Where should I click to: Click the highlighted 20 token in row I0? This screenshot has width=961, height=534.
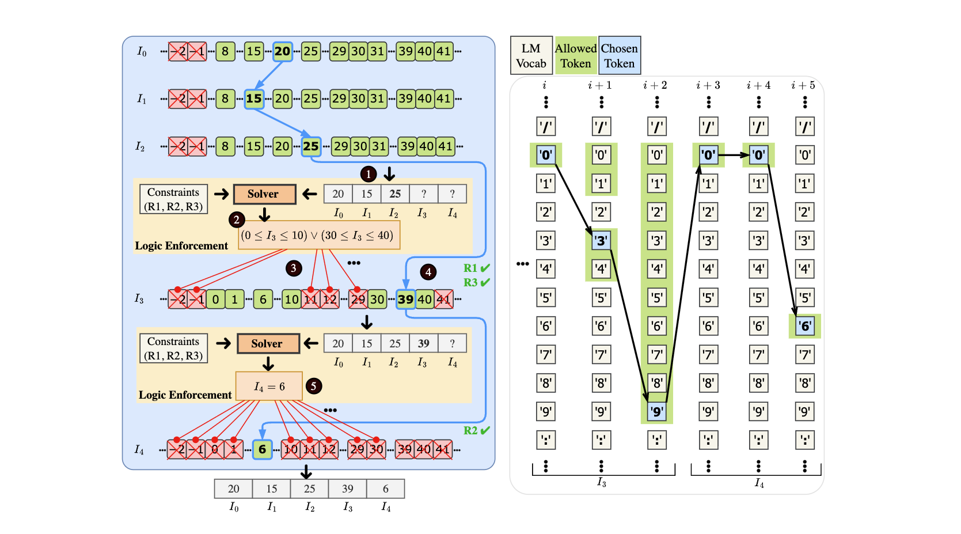(x=282, y=51)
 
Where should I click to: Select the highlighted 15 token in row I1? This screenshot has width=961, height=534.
(x=254, y=99)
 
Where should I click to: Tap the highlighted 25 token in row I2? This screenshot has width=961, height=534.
(x=311, y=146)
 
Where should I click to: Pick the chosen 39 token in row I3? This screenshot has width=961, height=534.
(x=406, y=299)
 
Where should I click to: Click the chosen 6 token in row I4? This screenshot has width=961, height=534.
(x=262, y=449)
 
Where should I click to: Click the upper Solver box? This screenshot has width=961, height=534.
(x=264, y=194)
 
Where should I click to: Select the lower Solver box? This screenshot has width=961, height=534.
(x=268, y=343)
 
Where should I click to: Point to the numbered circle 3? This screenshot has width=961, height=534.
(x=294, y=268)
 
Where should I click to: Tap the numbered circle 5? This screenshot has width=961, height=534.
(x=313, y=386)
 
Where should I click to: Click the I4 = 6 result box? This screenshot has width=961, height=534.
(x=269, y=386)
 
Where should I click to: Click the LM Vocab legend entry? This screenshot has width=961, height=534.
(x=531, y=56)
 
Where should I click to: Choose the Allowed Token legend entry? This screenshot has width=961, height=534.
(x=576, y=56)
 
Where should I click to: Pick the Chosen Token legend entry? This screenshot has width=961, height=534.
(x=620, y=56)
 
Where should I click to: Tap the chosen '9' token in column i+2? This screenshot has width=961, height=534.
(x=656, y=412)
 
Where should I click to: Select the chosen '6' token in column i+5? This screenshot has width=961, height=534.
(x=805, y=327)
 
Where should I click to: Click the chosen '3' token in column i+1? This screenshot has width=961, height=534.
(x=601, y=241)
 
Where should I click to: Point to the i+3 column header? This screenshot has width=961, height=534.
(x=708, y=85)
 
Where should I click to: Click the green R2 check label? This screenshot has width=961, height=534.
(x=477, y=430)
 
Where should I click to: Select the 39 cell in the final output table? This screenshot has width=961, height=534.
(x=348, y=488)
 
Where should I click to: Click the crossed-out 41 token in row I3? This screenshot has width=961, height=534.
(x=443, y=299)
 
